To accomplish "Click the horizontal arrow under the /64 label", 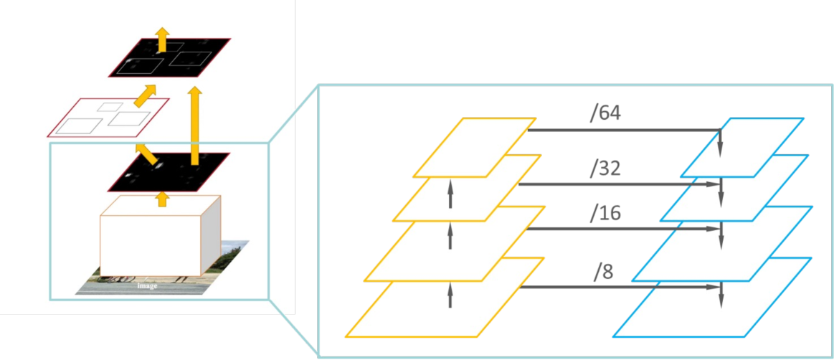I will pos(624,130).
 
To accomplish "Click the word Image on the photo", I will pos(148,285).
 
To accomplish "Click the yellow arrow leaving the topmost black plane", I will pos(162,39).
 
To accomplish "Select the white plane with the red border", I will pos(108,117).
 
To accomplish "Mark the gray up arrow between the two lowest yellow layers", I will pos(450,294).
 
